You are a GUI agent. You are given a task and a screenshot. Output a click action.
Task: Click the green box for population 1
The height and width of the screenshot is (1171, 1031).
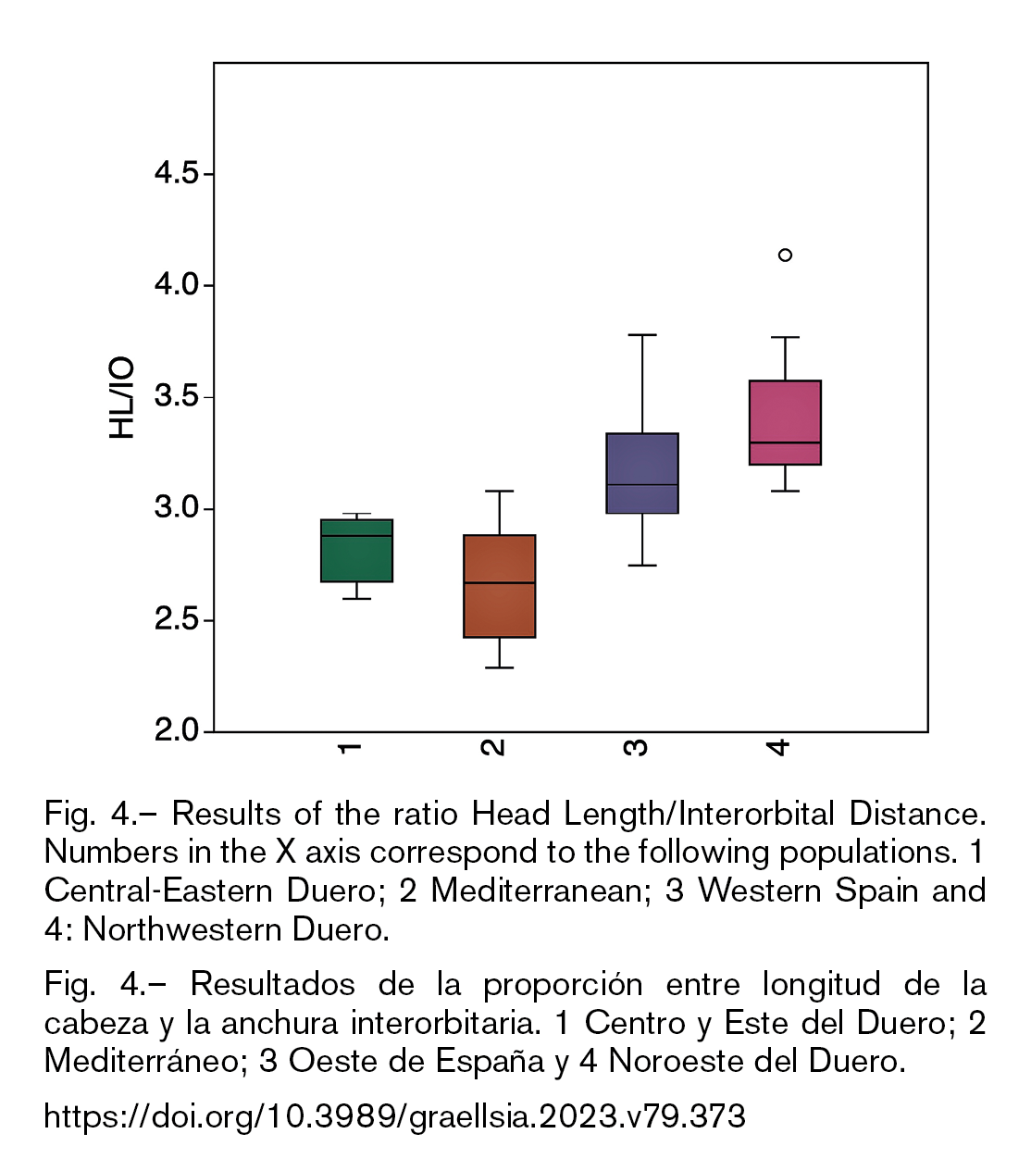point(356,550)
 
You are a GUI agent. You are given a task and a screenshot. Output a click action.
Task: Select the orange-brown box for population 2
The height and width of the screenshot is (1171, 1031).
point(500,586)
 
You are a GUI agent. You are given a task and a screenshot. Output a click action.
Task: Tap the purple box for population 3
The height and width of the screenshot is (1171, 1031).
point(642,473)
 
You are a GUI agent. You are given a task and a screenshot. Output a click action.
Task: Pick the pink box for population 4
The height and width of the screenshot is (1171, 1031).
point(785,422)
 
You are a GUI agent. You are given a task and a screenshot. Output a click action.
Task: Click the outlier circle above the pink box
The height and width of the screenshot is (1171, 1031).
point(785,255)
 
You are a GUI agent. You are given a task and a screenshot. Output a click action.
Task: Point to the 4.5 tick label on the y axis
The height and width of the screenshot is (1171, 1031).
point(176,173)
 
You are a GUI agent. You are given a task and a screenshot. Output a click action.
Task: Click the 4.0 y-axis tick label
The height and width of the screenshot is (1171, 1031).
point(176,285)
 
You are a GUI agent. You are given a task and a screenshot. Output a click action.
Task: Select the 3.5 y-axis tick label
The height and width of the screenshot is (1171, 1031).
point(176,396)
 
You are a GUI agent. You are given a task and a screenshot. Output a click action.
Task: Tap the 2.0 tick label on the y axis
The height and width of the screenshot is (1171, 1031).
point(176,730)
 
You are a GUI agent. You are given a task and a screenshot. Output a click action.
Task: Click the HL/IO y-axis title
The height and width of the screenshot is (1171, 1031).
point(121,398)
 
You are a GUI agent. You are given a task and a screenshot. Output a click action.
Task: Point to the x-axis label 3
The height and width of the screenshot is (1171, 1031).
point(636,747)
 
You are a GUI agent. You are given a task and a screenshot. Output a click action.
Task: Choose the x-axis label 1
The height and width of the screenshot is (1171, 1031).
point(350,748)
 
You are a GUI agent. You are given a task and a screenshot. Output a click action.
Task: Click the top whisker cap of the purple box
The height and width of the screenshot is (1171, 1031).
point(642,335)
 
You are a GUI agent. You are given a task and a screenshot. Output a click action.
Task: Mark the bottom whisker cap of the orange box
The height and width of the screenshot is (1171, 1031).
point(500,667)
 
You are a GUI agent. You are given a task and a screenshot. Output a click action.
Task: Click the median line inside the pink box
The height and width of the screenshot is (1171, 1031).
point(785,442)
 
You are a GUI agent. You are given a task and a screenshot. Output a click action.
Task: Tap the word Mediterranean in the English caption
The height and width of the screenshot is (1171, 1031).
point(537,890)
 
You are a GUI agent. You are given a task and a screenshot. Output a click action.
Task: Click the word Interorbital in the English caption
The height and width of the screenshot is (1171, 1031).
point(756,814)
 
